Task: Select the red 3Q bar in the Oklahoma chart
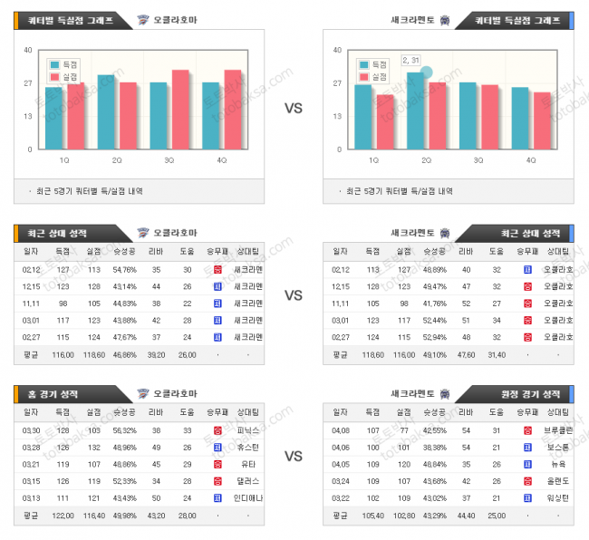click(x=180, y=110)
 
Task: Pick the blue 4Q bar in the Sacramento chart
click(x=520, y=118)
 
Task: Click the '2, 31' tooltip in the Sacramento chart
click(x=410, y=60)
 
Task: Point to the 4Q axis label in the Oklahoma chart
click(x=222, y=160)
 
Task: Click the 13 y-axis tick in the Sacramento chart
click(x=337, y=116)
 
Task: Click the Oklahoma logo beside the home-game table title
click(x=142, y=394)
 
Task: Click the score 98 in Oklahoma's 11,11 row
click(x=63, y=303)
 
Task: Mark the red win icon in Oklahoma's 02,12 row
click(x=217, y=269)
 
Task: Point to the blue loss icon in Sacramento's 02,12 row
click(x=526, y=269)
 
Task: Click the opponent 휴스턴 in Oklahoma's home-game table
click(x=248, y=447)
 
